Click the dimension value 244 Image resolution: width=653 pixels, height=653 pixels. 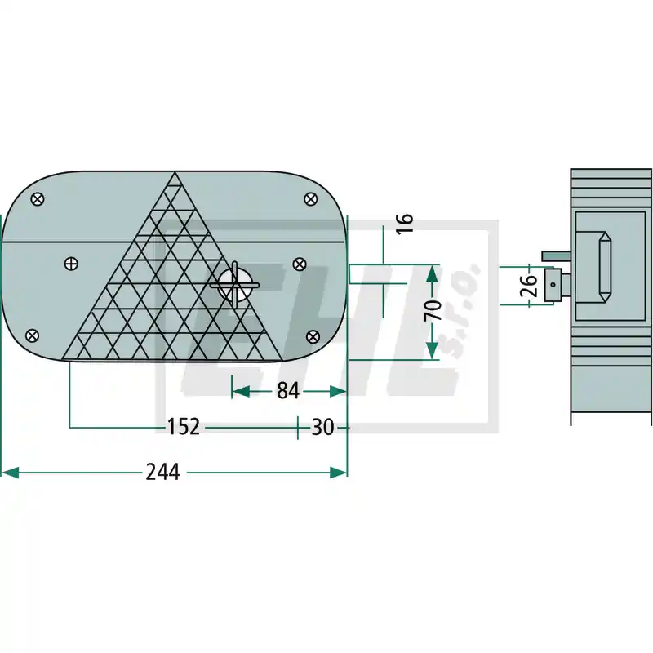(162, 472)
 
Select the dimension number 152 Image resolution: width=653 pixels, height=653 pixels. (183, 427)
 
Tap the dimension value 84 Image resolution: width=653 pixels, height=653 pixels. (288, 391)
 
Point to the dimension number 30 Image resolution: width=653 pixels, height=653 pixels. (322, 427)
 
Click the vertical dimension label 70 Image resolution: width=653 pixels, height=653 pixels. (433, 310)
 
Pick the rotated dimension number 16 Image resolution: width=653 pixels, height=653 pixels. (404, 224)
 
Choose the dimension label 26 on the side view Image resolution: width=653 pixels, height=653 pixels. (529, 285)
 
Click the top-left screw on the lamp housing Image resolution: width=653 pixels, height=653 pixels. (38, 199)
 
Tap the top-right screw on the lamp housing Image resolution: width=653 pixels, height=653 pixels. (311, 199)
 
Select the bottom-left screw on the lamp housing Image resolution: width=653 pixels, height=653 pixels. (32, 335)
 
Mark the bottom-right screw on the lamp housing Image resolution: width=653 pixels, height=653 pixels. (313, 336)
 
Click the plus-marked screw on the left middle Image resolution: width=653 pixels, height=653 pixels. (71, 264)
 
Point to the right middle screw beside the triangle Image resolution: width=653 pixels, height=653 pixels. (300, 264)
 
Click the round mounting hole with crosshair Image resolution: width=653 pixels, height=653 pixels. (234, 285)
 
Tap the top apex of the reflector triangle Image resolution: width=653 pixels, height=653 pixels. (175, 172)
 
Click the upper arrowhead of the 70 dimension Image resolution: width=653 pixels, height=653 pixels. (433, 275)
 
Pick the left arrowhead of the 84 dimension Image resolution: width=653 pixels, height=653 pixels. (241, 392)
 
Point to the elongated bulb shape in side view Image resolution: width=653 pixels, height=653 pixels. (605, 268)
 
